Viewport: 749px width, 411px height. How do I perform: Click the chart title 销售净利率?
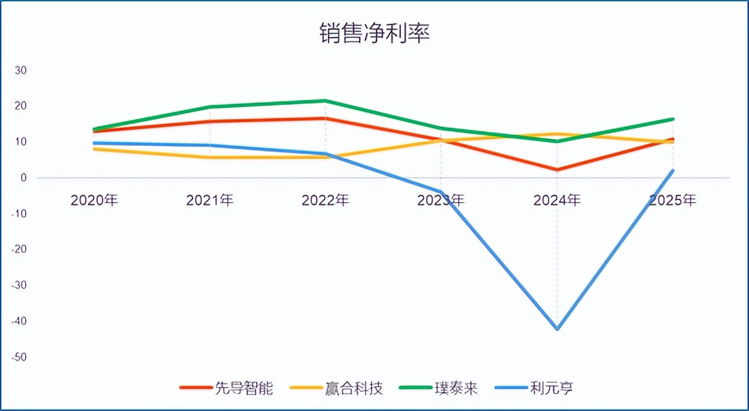(x=374, y=34)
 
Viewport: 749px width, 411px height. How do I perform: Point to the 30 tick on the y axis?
(x=21, y=70)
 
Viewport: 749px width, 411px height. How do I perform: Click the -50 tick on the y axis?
(x=19, y=357)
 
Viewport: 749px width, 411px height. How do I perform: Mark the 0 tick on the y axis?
(x=23, y=178)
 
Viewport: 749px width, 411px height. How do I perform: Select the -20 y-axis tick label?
(x=19, y=249)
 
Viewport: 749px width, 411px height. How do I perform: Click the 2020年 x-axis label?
(x=94, y=200)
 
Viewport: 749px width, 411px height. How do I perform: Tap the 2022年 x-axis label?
(x=325, y=200)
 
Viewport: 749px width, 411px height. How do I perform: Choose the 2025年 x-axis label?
(x=672, y=200)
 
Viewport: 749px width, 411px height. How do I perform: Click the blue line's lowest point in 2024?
(x=557, y=329)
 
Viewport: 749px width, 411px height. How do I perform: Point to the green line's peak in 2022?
(x=325, y=101)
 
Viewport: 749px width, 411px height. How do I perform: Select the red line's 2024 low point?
(x=557, y=170)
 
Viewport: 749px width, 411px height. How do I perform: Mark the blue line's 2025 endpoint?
(x=672, y=171)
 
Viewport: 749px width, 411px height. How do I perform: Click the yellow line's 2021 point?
(x=210, y=157)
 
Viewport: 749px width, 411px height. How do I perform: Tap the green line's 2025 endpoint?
(x=672, y=119)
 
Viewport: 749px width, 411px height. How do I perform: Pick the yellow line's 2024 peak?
(x=557, y=134)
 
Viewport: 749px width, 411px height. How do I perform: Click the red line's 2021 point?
(x=210, y=122)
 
